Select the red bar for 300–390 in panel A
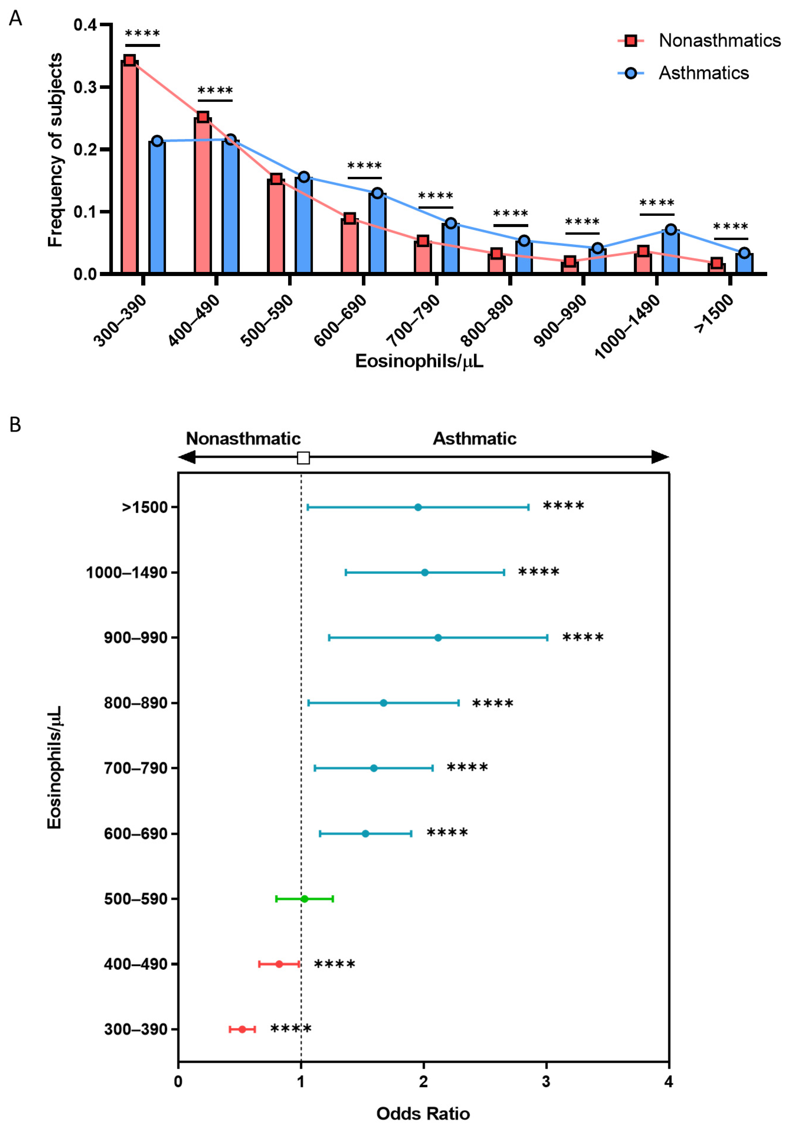(x=130, y=167)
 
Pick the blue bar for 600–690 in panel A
(x=377, y=233)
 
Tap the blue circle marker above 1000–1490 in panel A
(x=670, y=229)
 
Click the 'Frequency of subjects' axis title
(x=55, y=150)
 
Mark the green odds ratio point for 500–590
(x=305, y=899)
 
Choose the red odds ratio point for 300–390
(x=242, y=1029)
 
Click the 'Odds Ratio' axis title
(x=423, y=1113)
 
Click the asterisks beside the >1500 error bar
(x=564, y=506)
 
